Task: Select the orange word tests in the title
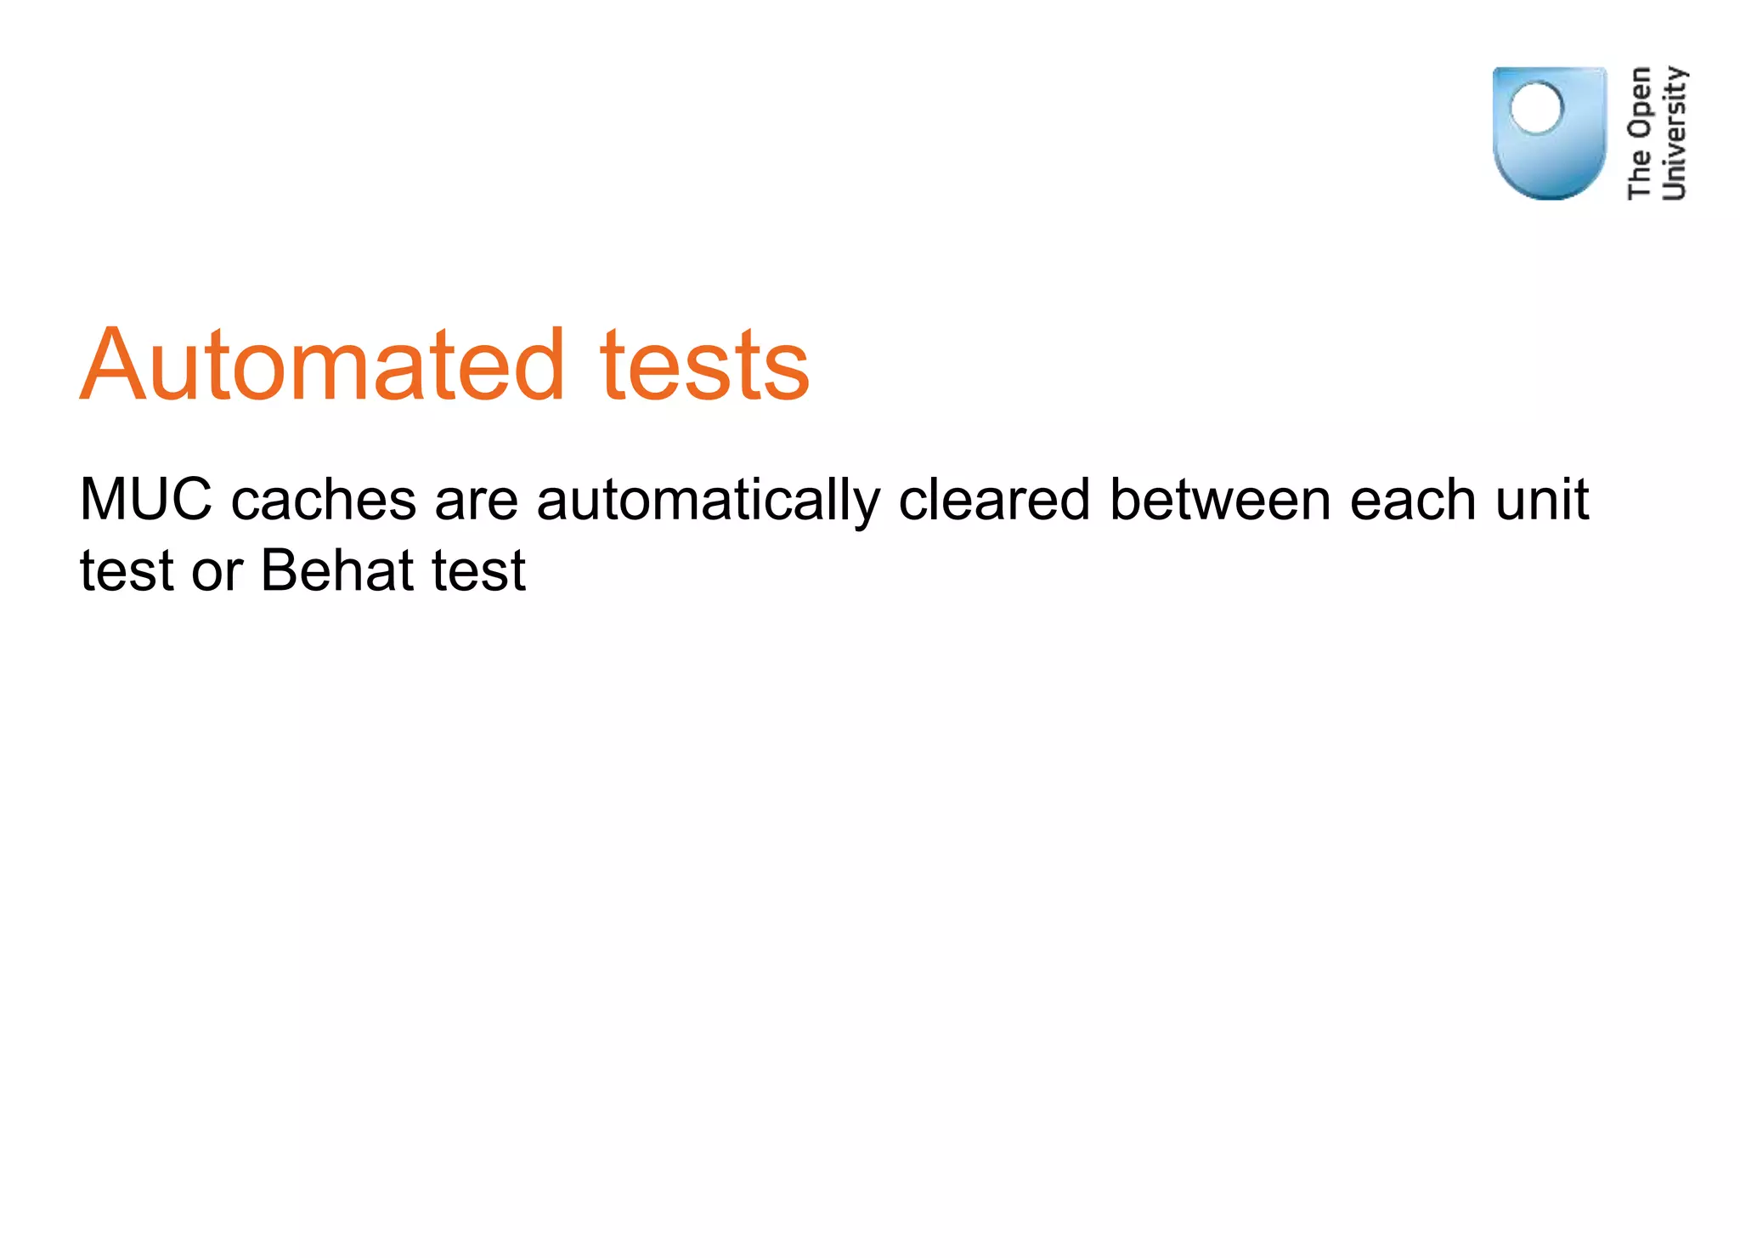click(x=704, y=365)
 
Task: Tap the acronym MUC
click(x=145, y=499)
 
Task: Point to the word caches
click(x=324, y=500)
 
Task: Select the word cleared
click(x=994, y=499)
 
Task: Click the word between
click(x=1220, y=499)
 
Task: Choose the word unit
click(x=1542, y=499)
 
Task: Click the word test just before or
click(x=127, y=570)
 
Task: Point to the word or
click(x=217, y=572)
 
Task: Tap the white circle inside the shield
click(x=1536, y=108)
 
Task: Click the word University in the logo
click(x=1674, y=133)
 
